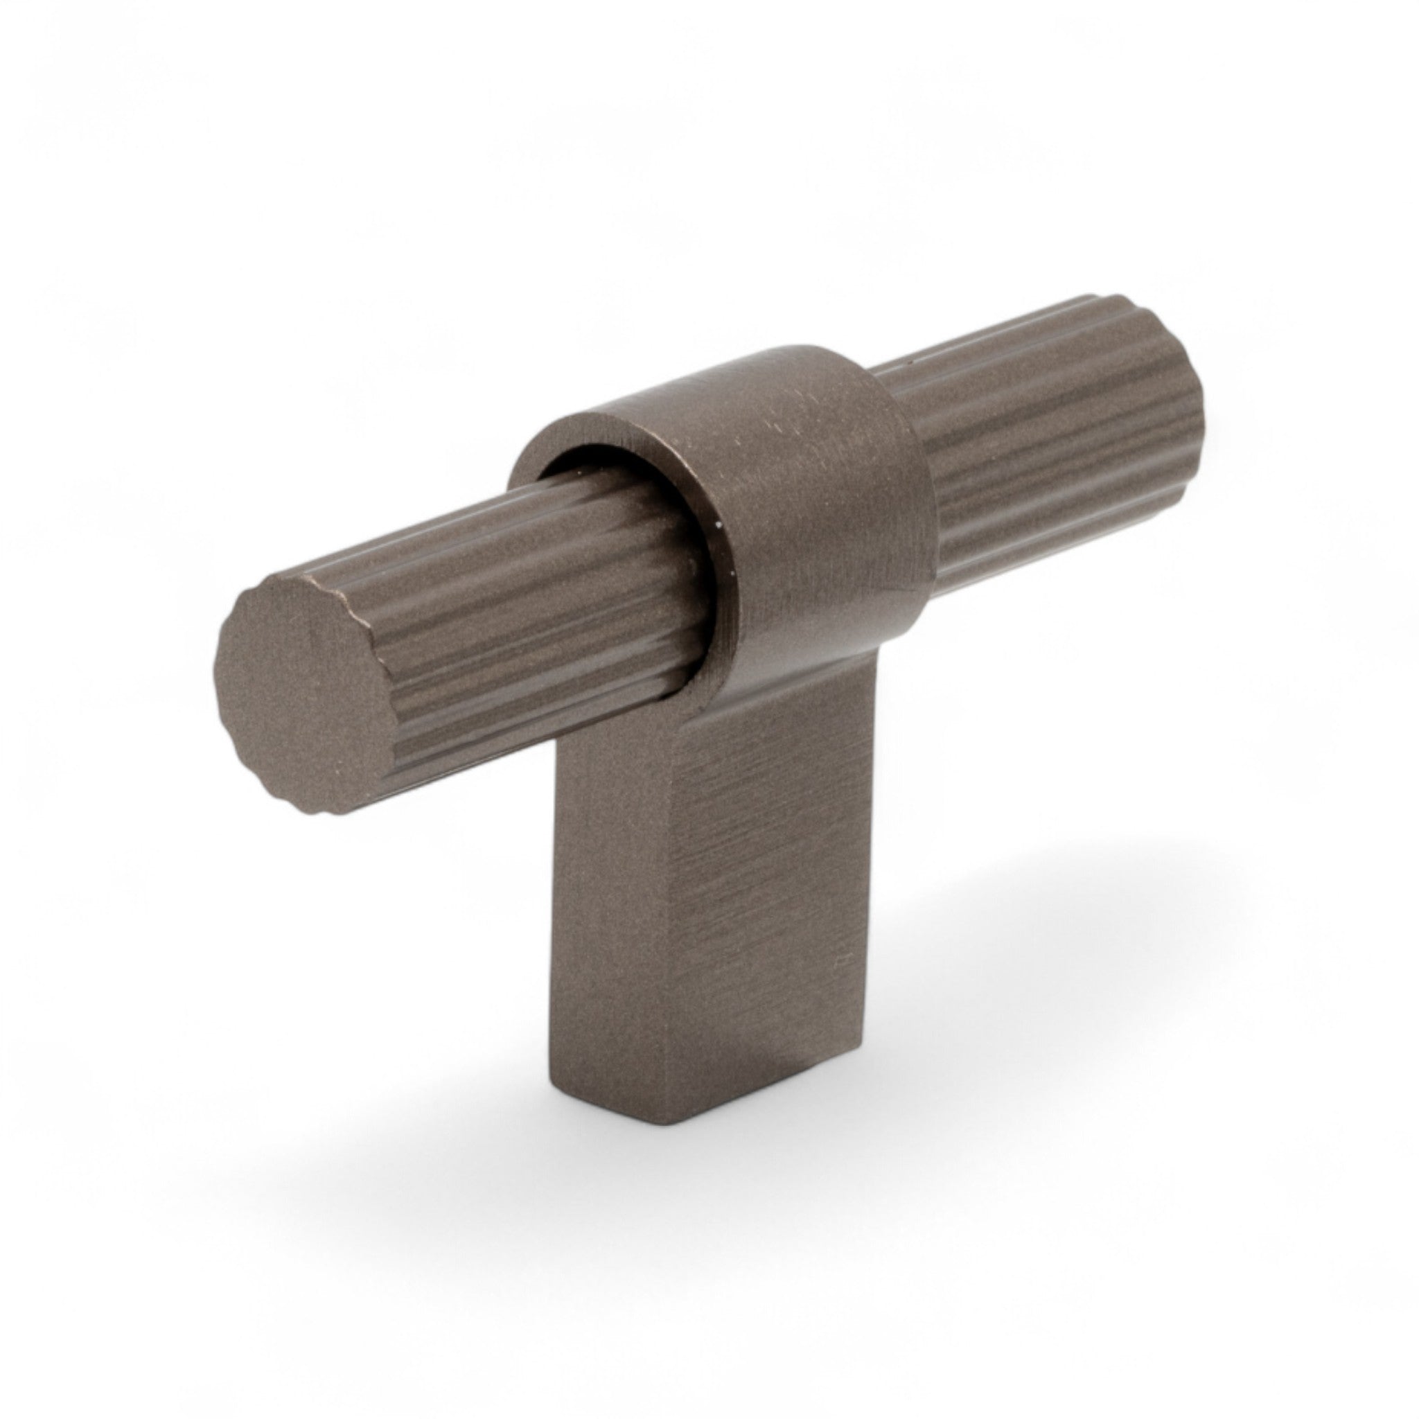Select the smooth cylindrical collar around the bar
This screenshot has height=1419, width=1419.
[822, 514]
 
